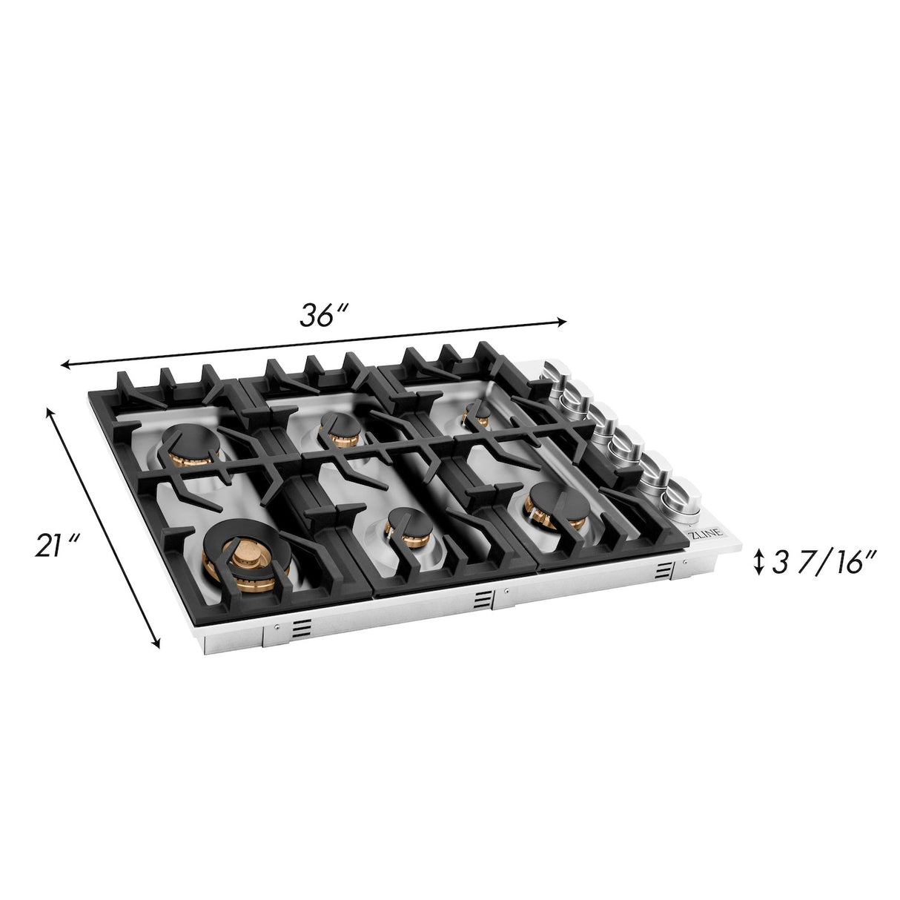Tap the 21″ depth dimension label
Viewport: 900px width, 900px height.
(x=56, y=546)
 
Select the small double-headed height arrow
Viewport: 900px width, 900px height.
(x=758, y=562)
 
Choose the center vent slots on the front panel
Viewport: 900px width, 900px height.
(x=483, y=599)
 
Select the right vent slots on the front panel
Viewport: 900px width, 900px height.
(x=662, y=572)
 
